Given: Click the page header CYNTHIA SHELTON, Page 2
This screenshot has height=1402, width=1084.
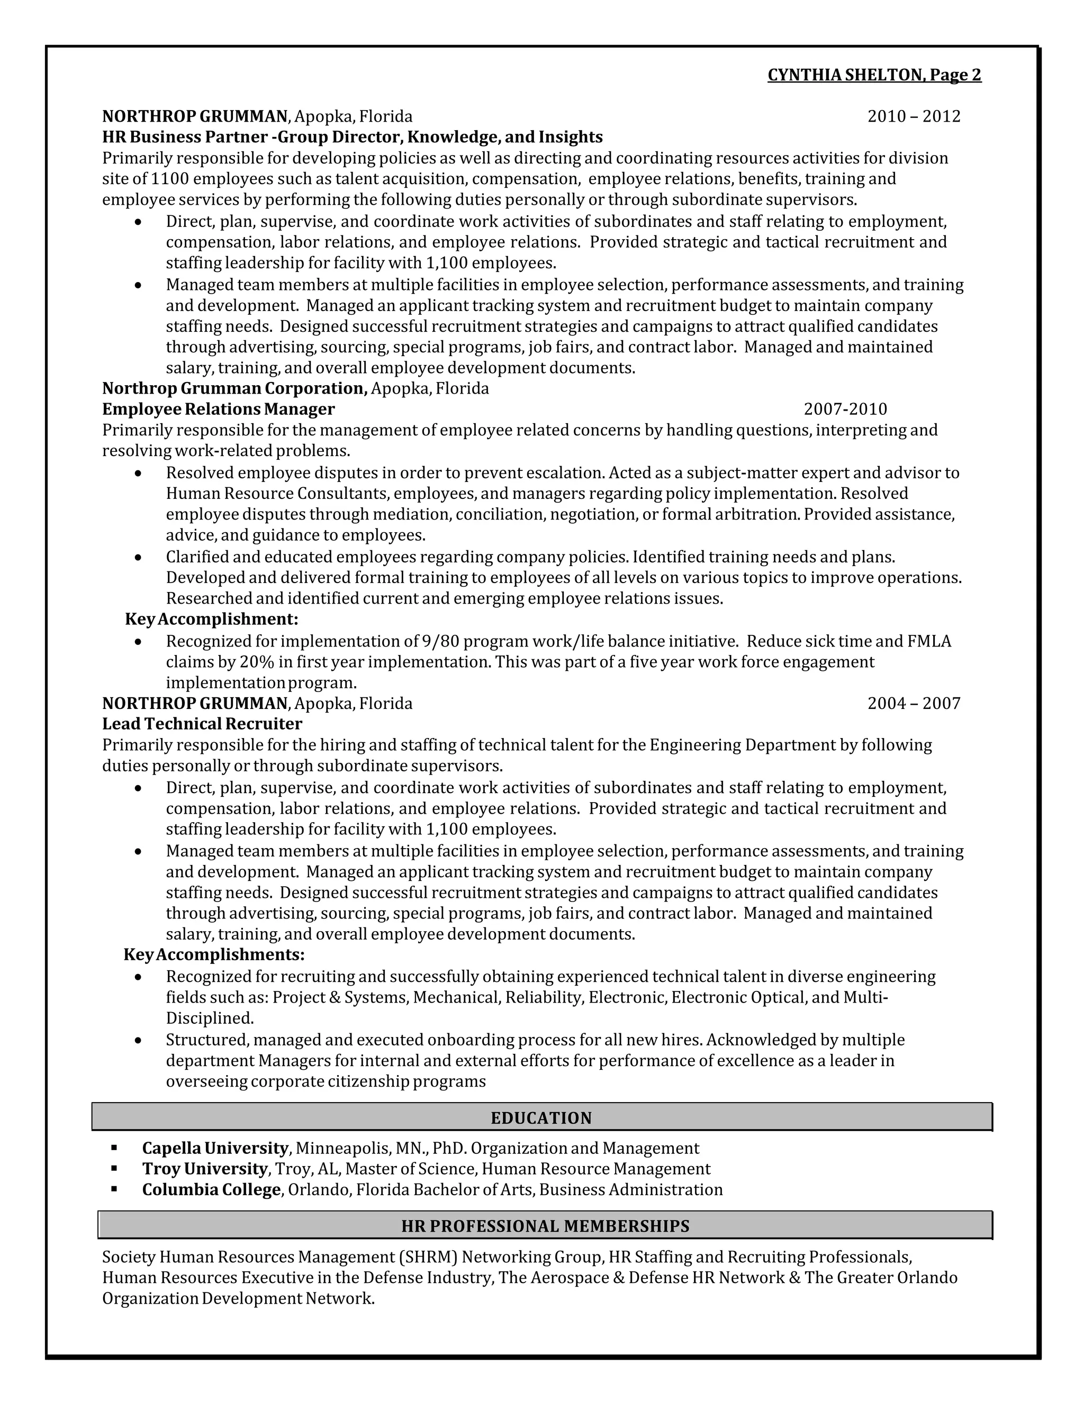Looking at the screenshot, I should [874, 75].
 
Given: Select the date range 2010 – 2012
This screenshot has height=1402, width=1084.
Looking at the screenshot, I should [913, 116].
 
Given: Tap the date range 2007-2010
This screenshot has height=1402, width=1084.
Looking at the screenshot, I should [845, 409].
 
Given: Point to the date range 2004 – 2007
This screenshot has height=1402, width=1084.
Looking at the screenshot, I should [913, 703].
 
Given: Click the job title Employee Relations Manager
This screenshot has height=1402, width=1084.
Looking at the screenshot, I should [219, 409].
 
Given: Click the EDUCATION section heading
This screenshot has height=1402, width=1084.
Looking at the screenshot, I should [541, 1117].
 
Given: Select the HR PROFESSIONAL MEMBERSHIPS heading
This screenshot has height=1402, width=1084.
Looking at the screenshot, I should [545, 1225].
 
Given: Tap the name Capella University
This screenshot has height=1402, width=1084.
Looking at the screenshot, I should [215, 1148].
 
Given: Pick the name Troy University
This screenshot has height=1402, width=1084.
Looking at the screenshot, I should [204, 1168].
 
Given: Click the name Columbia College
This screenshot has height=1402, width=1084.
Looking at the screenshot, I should [211, 1189].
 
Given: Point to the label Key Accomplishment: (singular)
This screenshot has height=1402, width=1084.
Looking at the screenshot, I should [211, 619].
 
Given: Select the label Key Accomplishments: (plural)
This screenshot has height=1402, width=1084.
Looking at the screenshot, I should [214, 954].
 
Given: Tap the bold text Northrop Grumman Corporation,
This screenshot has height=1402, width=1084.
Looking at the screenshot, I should [234, 388].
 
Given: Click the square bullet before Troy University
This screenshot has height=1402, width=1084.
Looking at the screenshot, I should [114, 1168].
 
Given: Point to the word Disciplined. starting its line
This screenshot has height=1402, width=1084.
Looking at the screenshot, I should [210, 1018].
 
